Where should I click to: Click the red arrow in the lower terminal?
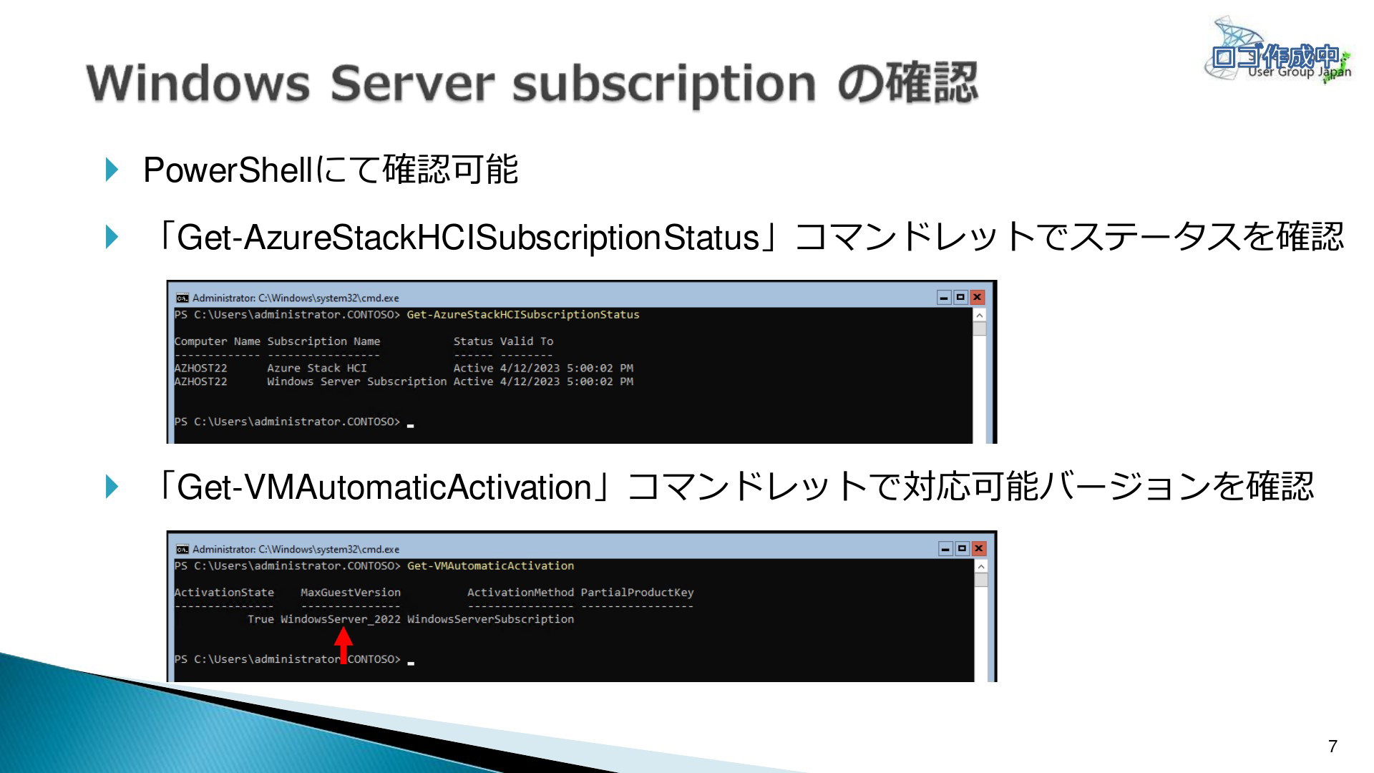(x=343, y=645)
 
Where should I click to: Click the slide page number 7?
(x=1332, y=747)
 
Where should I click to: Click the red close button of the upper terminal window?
(x=978, y=297)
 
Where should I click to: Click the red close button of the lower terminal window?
(x=979, y=548)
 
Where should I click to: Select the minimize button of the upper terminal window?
(x=945, y=297)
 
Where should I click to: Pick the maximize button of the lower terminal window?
(x=963, y=548)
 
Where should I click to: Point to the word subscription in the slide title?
(x=664, y=84)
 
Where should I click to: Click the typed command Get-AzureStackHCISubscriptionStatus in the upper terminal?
(x=523, y=315)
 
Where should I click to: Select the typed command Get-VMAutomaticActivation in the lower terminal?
(x=490, y=566)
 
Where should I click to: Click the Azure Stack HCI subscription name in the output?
(x=317, y=368)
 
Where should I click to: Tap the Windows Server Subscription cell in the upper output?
(x=357, y=381)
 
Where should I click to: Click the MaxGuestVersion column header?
(x=351, y=593)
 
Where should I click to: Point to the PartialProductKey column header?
(x=637, y=593)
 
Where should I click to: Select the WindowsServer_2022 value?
(x=341, y=619)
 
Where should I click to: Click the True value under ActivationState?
(x=260, y=619)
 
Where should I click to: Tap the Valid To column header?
(x=527, y=341)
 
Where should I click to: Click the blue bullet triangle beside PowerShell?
(x=112, y=170)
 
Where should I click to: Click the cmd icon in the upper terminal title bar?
(x=182, y=298)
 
